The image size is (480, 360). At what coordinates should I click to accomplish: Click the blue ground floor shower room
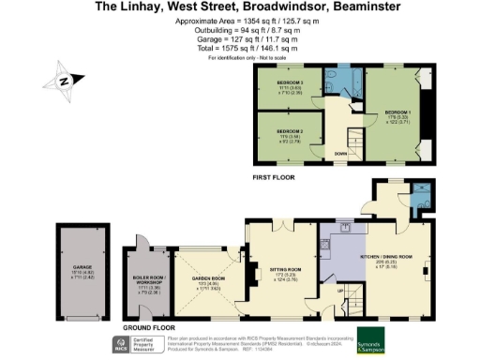pyautogui.click(x=419, y=197)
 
